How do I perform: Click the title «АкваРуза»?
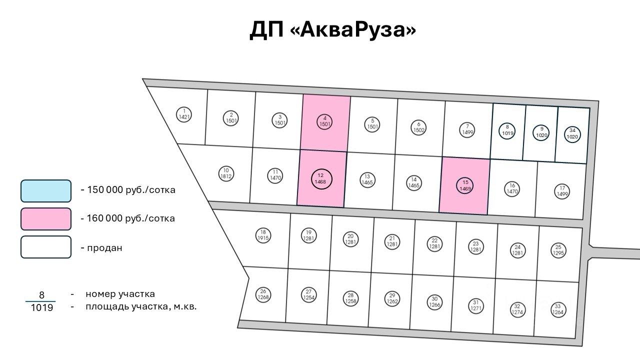pyautogui.click(x=352, y=30)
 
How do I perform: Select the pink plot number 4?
pyautogui.click(x=325, y=121)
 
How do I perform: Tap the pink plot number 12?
pyautogui.click(x=321, y=178)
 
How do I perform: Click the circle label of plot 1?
pyautogui.click(x=184, y=114)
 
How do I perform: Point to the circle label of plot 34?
pyautogui.click(x=572, y=133)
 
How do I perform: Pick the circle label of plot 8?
pyautogui.click(x=507, y=130)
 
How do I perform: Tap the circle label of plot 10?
pyautogui.click(x=226, y=173)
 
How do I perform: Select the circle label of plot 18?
pyautogui.click(x=263, y=235)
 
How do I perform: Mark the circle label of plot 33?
pyautogui.click(x=557, y=309)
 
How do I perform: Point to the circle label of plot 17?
pyautogui.click(x=562, y=191)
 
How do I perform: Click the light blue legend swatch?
pyautogui.click(x=46, y=190)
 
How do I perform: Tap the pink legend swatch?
pyautogui.click(x=46, y=218)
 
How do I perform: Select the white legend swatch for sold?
pyautogui.click(x=46, y=247)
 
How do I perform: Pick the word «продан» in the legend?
pyautogui.click(x=104, y=248)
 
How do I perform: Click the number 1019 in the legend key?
pyautogui.click(x=41, y=308)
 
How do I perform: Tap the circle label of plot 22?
pyautogui.click(x=435, y=243)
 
